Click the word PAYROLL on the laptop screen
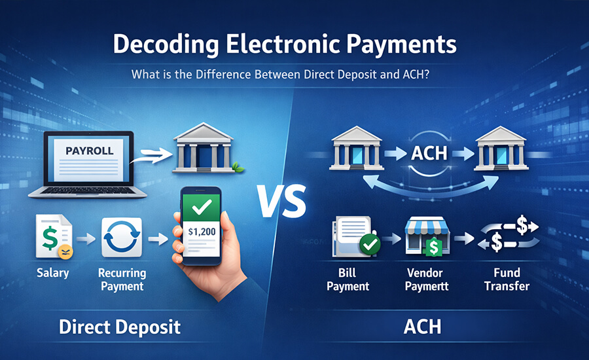click(x=90, y=151)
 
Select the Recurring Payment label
click(x=122, y=279)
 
